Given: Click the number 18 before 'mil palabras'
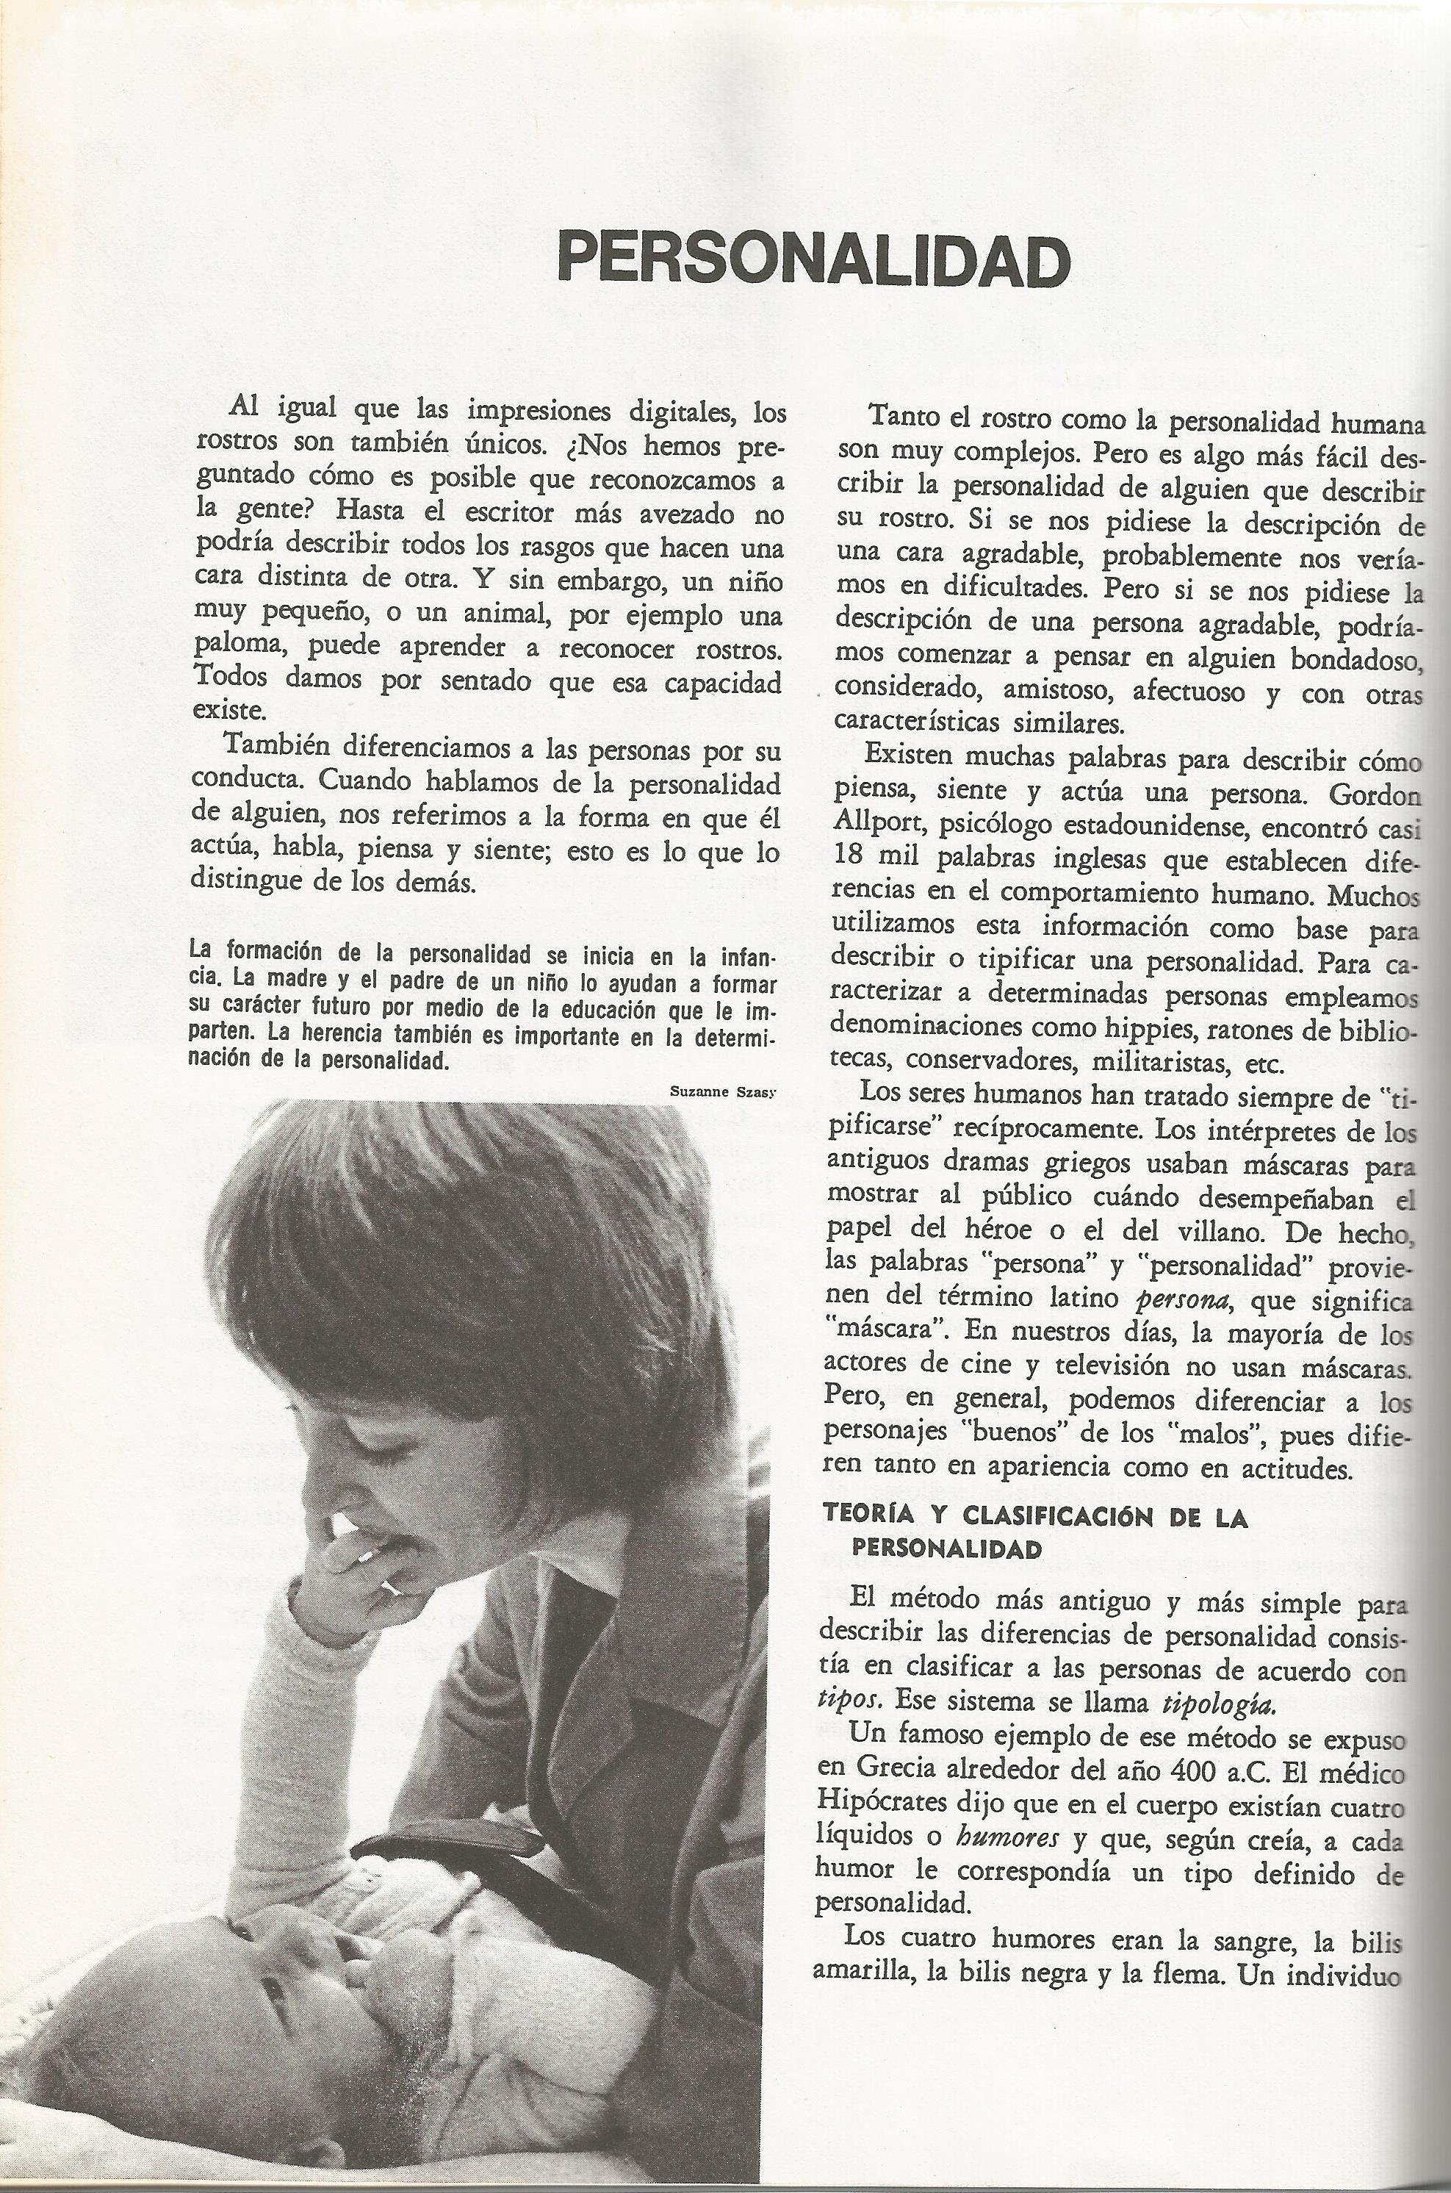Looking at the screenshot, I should pyautogui.click(x=849, y=856).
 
